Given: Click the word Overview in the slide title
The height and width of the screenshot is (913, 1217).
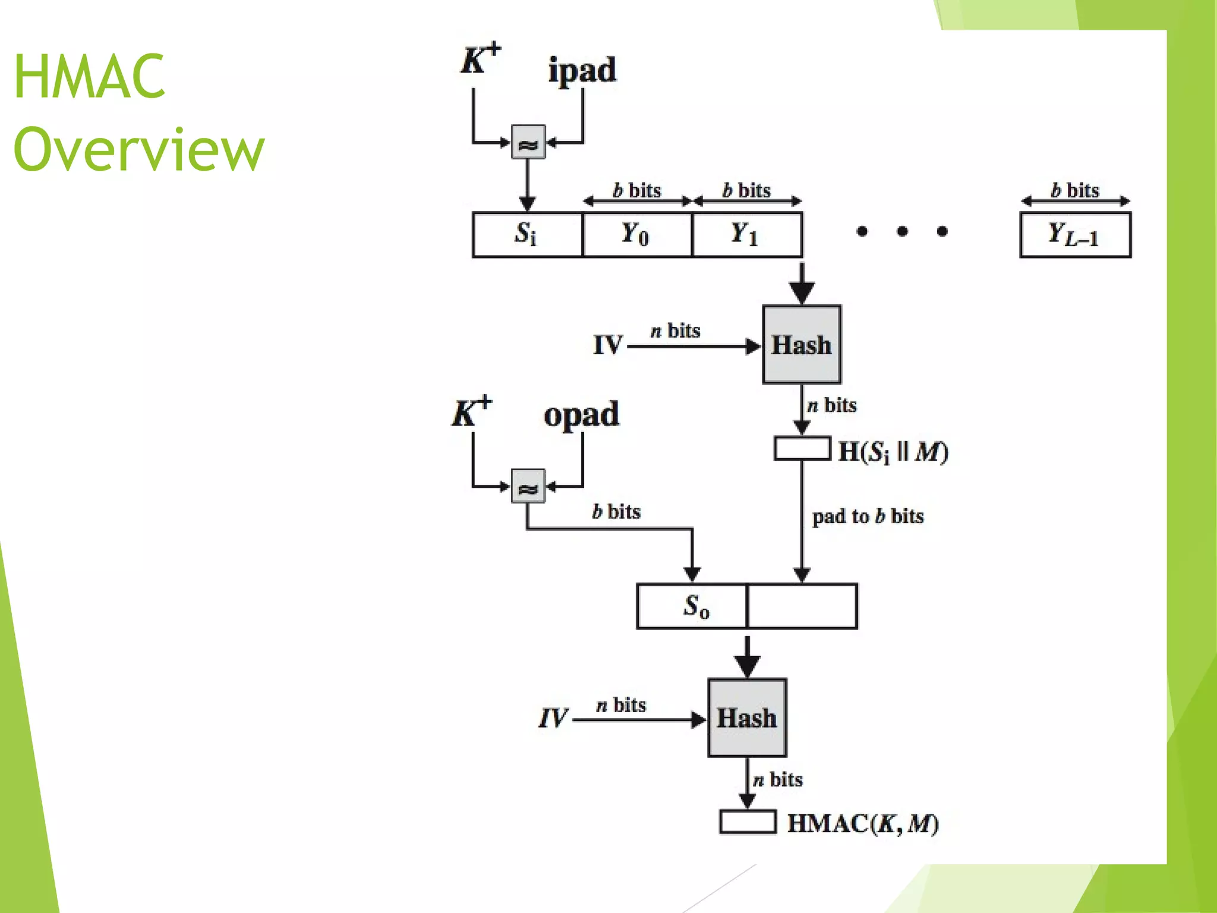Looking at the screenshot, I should point(138,150).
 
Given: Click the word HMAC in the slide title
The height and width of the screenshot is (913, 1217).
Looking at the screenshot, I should point(89,77).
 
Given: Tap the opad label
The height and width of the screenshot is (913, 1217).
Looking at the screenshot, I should point(581,415).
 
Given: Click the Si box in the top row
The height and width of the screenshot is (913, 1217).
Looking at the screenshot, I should point(526,234).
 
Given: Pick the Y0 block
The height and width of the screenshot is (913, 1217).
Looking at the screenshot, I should point(637,234).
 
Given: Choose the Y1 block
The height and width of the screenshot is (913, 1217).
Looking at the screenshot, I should point(746,234).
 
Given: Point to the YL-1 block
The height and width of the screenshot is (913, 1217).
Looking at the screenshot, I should point(1075,234).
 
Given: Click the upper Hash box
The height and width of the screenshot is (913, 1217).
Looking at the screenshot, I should point(802,345).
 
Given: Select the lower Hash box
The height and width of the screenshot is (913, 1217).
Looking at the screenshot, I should point(747,717).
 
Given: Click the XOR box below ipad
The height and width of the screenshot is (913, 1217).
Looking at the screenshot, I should point(528,142).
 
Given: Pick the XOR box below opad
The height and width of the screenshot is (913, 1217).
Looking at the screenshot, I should point(528,486).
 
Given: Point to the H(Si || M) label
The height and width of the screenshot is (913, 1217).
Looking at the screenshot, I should point(893,452).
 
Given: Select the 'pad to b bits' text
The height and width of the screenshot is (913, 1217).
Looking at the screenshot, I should point(868,516).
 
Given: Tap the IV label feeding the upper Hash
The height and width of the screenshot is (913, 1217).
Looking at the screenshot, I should point(607,345).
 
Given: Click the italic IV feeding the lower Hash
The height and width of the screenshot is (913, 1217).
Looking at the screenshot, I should point(553,718).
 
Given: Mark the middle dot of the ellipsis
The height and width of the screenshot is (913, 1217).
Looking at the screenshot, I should point(902,231).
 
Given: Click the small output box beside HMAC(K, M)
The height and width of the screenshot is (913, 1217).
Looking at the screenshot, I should point(748,822).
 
